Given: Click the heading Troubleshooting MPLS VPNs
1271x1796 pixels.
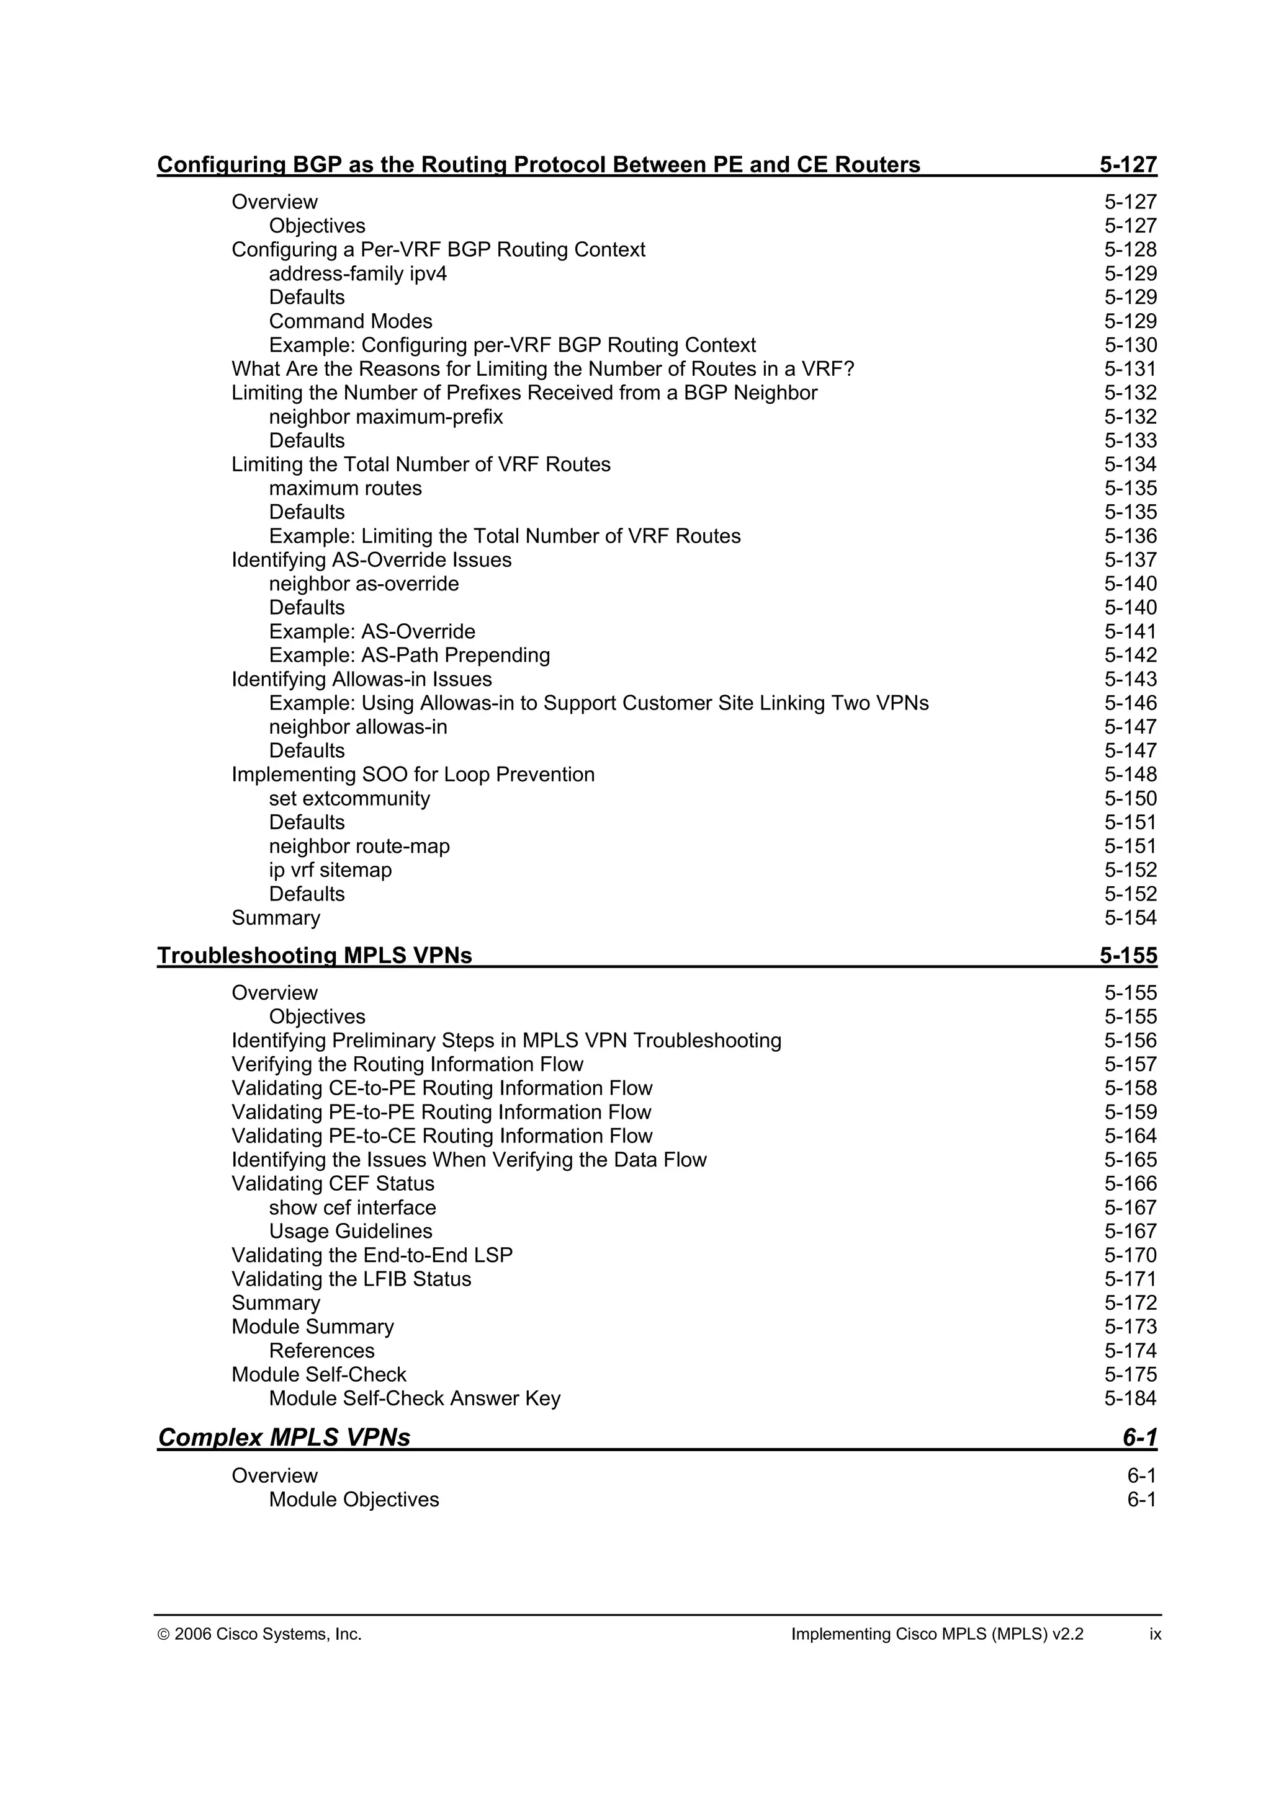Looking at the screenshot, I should pyautogui.click(x=315, y=955).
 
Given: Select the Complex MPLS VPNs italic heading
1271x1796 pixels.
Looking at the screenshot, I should pyautogui.click(x=284, y=1437).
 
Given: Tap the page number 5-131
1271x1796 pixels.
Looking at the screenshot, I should pyautogui.click(x=1130, y=368).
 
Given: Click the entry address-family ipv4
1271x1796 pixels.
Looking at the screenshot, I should pyautogui.click(x=357, y=273).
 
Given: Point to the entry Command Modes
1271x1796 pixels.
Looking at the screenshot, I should pyautogui.click(x=350, y=321).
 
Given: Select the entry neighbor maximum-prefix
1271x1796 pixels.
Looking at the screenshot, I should pyautogui.click(x=386, y=417).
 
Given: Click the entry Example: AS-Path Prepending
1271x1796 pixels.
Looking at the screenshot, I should pyautogui.click(x=410, y=655).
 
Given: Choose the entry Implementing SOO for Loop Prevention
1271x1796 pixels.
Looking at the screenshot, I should pyautogui.click(x=413, y=775).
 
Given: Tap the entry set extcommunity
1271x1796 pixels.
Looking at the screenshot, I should pyautogui.click(x=349, y=799).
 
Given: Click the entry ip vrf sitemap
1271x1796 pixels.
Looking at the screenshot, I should pyautogui.click(x=330, y=870).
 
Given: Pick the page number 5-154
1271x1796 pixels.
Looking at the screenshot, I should pyautogui.click(x=1130, y=918).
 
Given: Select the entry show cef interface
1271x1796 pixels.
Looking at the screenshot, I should pyautogui.click(x=352, y=1207).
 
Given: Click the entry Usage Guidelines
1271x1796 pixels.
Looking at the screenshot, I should pyautogui.click(x=350, y=1231).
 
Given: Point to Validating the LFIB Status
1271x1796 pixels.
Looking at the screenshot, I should pyautogui.click(x=351, y=1279).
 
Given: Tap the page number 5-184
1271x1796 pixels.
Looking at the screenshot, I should pyautogui.click(x=1130, y=1398).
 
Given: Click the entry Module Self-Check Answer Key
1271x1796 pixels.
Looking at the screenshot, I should pyautogui.click(x=415, y=1398).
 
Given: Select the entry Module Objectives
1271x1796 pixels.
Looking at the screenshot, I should pyautogui.click(x=354, y=1500).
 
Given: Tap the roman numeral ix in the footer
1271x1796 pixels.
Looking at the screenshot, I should pyautogui.click(x=1154, y=1634).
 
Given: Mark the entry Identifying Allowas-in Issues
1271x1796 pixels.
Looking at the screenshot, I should pyautogui.click(x=362, y=679).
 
